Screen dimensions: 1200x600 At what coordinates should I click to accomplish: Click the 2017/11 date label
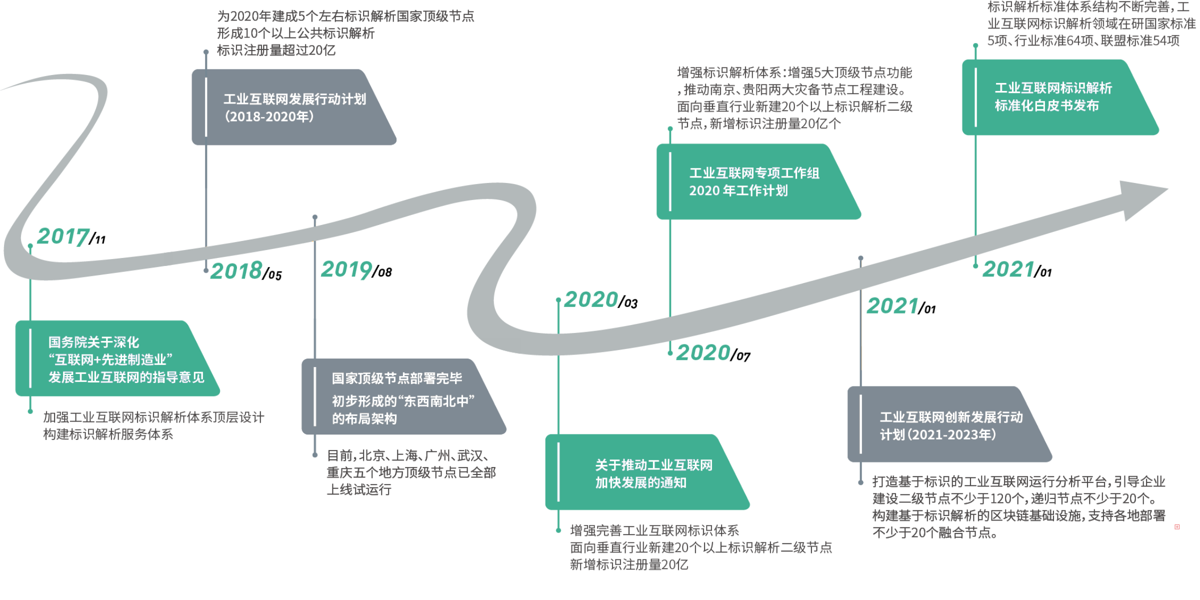click(71, 236)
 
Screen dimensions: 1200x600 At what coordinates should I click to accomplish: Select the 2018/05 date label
click(246, 270)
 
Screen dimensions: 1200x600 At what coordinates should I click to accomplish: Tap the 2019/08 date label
click(356, 269)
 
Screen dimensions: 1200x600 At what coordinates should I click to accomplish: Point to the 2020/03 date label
click(601, 300)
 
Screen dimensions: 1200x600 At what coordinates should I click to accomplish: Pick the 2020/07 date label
click(713, 352)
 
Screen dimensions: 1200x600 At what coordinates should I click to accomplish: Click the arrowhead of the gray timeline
click(1143, 199)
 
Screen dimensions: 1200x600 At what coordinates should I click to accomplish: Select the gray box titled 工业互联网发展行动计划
click(294, 107)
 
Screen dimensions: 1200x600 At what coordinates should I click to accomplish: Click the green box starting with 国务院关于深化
click(117, 358)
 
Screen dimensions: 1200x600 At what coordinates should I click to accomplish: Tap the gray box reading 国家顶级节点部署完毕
click(404, 396)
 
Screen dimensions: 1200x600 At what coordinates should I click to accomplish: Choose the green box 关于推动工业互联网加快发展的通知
click(647, 472)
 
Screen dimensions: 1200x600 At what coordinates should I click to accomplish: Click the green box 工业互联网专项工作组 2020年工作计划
click(758, 181)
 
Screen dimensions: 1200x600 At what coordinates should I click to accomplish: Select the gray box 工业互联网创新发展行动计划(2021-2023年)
click(950, 424)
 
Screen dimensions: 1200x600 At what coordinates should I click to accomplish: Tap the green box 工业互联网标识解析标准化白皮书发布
click(1060, 97)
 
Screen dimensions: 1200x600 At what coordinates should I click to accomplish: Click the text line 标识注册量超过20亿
click(276, 50)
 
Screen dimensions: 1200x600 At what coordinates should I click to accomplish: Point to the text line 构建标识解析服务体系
click(108, 434)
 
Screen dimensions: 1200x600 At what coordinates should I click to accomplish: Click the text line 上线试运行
click(359, 489)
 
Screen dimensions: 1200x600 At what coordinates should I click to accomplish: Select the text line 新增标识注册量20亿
click(629, 564)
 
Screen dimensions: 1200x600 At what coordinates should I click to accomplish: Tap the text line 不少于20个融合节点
click(935, 532)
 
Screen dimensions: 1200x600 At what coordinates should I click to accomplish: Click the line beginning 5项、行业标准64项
click(1083, 40)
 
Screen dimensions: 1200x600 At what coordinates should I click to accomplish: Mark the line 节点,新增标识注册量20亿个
click(759, 123)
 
